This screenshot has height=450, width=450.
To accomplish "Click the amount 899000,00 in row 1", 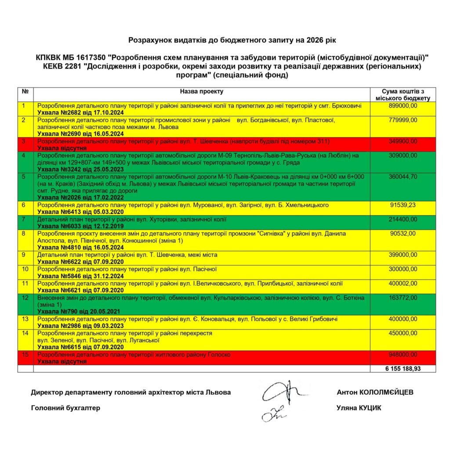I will click(403, 106).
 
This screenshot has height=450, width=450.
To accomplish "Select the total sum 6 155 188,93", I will click(403, 369).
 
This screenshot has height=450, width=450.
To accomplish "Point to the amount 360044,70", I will click(403, 176).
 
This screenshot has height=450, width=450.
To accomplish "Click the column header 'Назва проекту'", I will click(201, 91).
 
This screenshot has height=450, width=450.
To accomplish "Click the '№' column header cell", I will click(25, 91).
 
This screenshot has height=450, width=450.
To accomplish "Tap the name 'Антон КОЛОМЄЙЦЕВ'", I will click(375, 392).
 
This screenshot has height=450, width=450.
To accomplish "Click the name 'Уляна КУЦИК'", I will click(359, 408).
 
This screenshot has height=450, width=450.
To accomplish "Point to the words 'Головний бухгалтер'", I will click(65, 408).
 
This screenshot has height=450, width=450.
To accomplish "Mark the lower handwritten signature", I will click(273, 413).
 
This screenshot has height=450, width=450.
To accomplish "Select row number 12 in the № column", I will click(25, 298).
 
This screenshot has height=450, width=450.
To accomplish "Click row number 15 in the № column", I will click(25, 354).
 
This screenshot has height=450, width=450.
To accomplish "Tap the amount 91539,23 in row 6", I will click(403, 204).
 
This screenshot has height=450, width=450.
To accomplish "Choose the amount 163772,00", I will click(403, 298).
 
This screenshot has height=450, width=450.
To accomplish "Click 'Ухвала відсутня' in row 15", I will click(62, 361).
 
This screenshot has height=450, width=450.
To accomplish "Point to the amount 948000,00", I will click(403, 354).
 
